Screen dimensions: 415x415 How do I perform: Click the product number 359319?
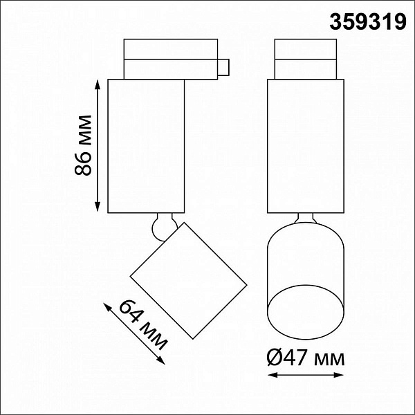click(368, 22)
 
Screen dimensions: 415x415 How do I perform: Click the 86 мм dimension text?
click(83, 145)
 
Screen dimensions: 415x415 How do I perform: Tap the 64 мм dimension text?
click(143, 324)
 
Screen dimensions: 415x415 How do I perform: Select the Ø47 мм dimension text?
click(306, 358)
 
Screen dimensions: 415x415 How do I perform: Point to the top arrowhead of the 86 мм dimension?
click(98, 84)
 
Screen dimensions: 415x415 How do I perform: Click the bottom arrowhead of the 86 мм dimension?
click(98, 207)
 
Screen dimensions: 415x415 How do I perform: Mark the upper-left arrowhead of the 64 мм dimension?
click(107, 307)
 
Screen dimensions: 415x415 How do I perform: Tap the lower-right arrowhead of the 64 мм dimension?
click(161, 361)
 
